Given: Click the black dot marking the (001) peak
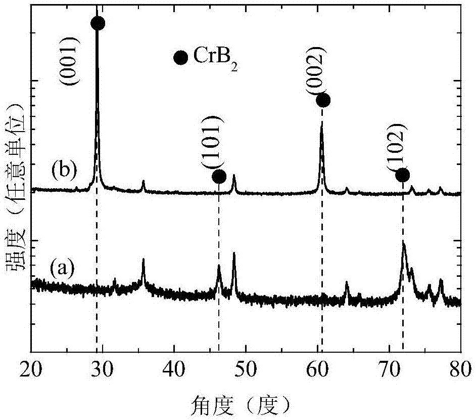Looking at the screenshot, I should (98, 23).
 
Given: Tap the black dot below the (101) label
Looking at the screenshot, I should (219, 177).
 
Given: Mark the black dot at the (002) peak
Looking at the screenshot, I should (323, 100).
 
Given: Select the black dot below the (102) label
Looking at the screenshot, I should (402, 175).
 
